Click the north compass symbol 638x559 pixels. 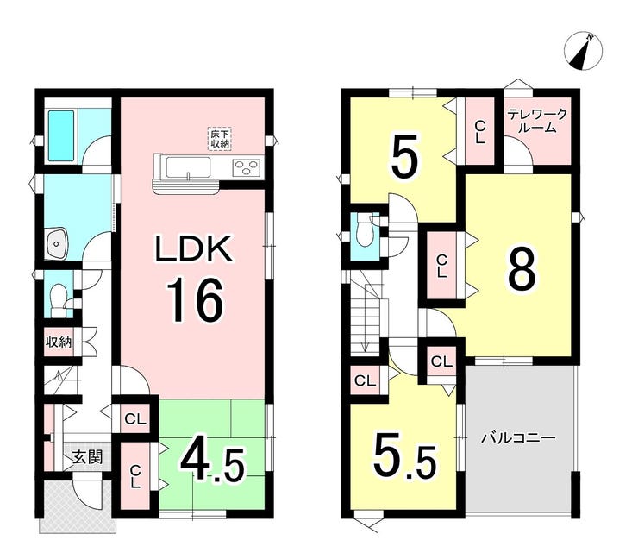click(x=583, y=52)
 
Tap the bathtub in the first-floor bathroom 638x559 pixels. click(x=61, y=135)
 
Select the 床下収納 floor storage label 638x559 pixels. click(x=220, y=139)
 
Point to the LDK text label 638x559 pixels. click(x=195, y=248)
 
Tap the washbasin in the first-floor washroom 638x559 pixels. click(x=57, y=242)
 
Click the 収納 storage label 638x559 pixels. click(x=58, y=342)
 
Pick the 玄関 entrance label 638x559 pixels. click(x=87, y=457)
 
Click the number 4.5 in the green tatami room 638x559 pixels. click(x=213, y=464)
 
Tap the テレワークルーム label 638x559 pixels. click(x=536, y=121)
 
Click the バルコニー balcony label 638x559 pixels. click(x=518, y=438)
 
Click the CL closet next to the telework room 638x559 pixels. click(x=480, y=131)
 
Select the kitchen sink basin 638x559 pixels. click(x=188, y=168)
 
